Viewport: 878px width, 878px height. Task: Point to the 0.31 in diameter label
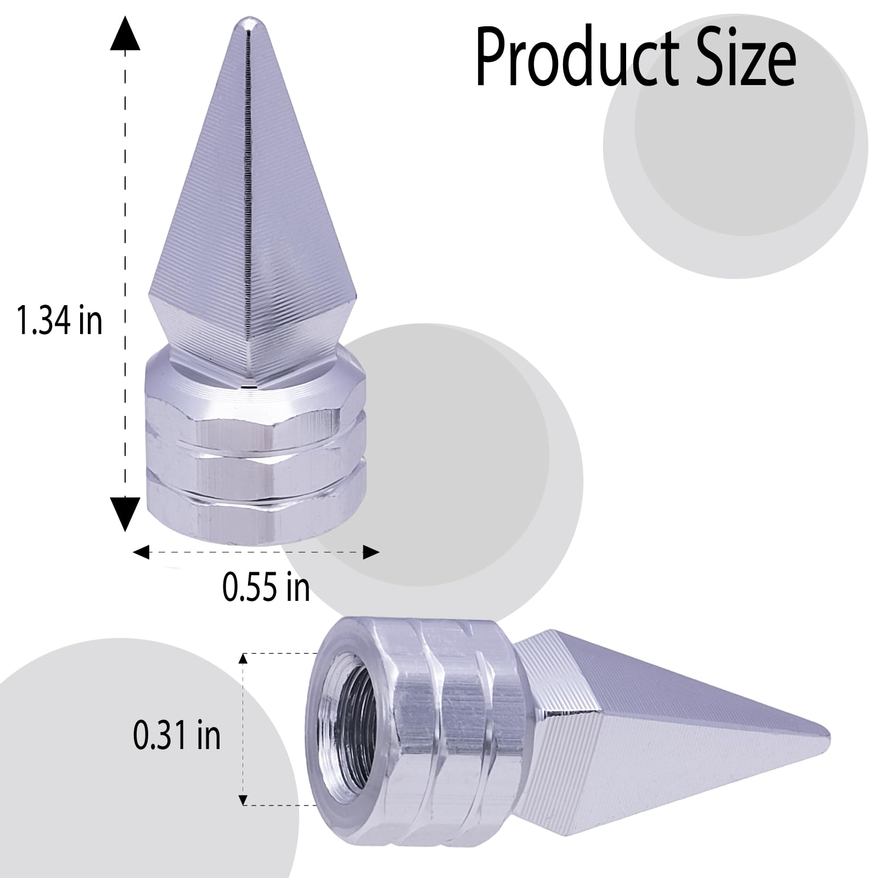(x=177, y=735)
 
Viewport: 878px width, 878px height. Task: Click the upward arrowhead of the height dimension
(x=125, y=34)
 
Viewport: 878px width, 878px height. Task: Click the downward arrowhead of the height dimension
(x=125, y=513)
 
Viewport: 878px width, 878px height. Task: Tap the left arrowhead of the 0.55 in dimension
(x=142, y=552)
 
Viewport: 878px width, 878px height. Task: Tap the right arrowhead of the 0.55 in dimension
(x=371, y=552)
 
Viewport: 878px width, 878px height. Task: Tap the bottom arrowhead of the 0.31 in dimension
(x=243, y=801)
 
